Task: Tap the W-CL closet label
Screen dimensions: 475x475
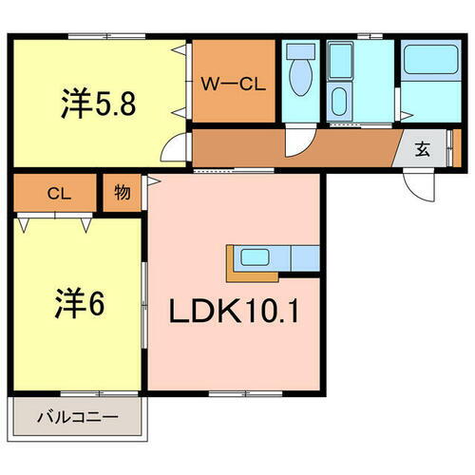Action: click(237, 83)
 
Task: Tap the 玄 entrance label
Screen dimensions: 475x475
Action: click(421, 148)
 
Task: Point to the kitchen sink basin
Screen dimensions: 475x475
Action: click(255, 256)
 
